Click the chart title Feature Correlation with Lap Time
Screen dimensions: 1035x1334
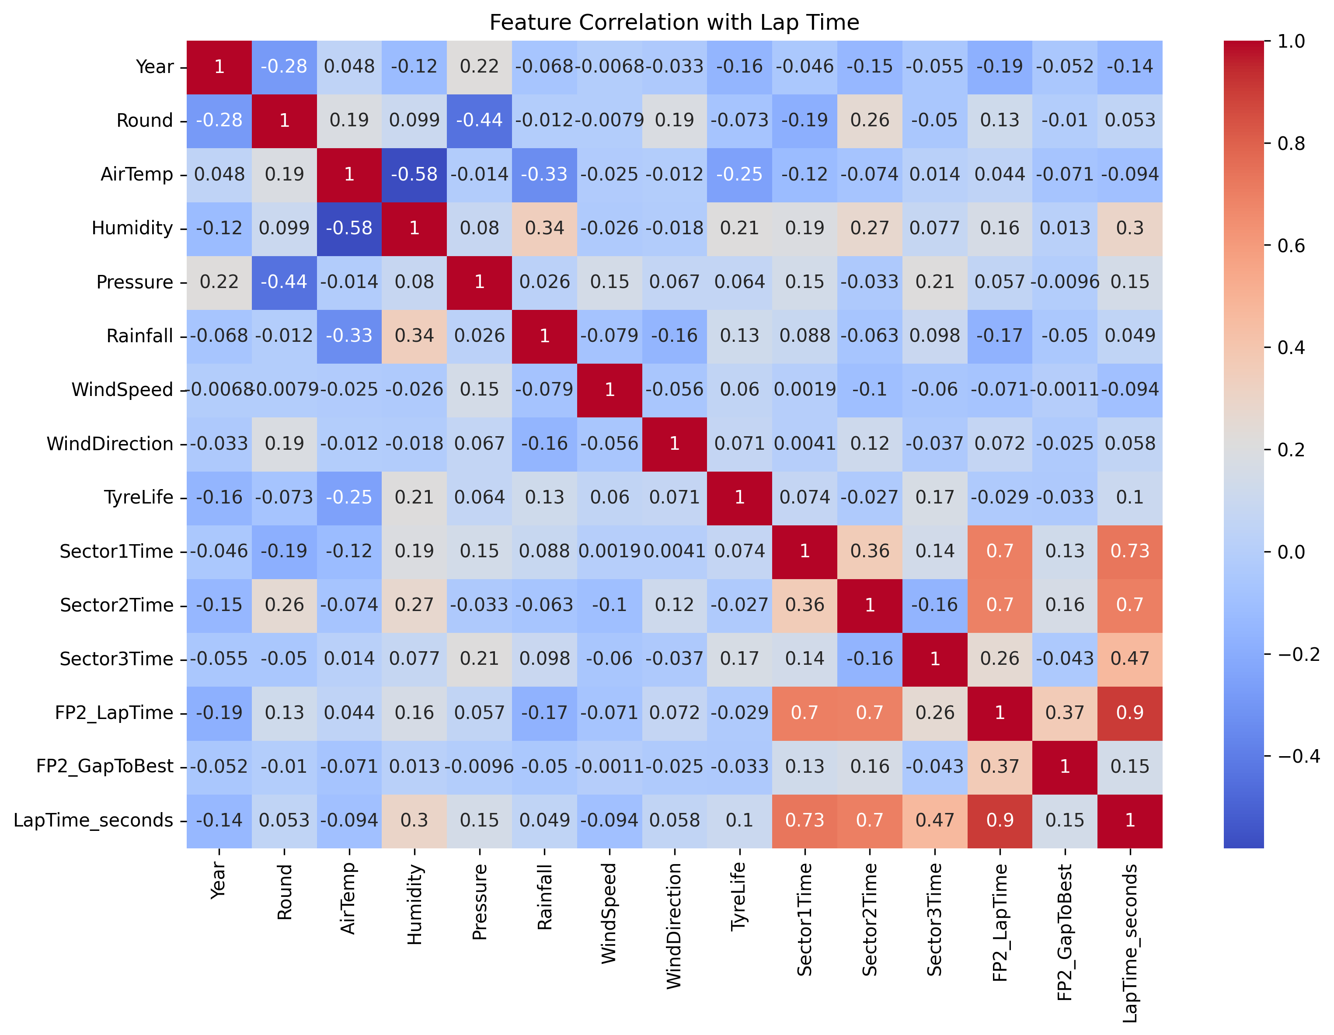(674, 23)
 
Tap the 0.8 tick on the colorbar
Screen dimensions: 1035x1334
(1291, 143)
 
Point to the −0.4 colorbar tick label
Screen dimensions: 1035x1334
(1298, 757)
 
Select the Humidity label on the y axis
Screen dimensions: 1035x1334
(132, 228)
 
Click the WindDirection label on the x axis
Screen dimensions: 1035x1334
(674, 926)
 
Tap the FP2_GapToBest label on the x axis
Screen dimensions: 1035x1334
(1065, 932)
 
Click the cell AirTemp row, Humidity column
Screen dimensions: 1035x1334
(414, 175)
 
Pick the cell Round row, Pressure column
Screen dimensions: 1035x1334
(480, 120)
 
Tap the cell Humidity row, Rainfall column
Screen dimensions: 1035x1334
(544, 228)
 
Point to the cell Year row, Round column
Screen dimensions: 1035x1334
(284, 66)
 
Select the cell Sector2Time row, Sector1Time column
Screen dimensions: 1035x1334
(805, 605)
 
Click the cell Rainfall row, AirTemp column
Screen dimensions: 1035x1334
(349, 336)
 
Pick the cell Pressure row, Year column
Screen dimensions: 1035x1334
(219, 282)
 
